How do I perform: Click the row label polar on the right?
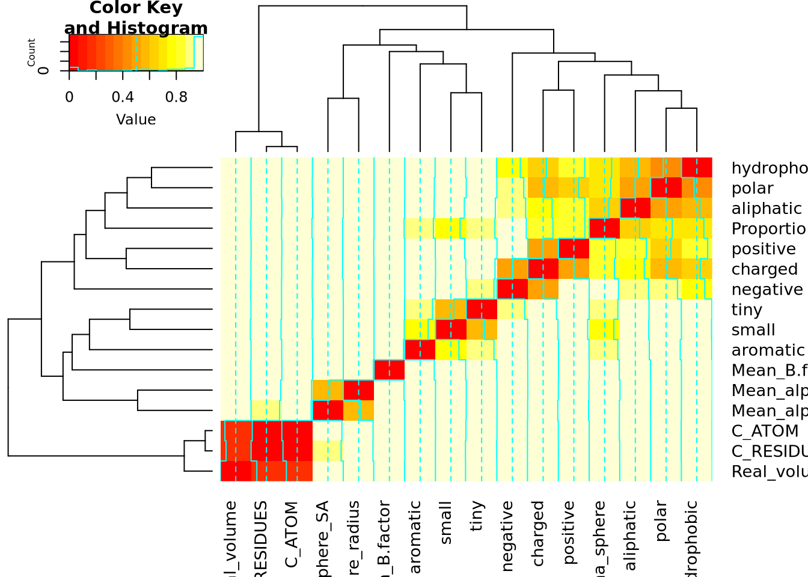coord(752,189)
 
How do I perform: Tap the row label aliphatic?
coord(767,209)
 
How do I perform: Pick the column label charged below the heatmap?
coord(538,534)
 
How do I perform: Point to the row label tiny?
coord(747,310)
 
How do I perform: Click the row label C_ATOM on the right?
coord(765,432)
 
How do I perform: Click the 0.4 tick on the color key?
coord(123,97)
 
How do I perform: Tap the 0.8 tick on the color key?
coord(176,97)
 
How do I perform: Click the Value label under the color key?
coord(136,120)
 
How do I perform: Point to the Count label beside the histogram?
coord(31,52)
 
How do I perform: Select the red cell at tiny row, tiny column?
coord(482,310)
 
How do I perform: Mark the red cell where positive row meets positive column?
coord(574,249)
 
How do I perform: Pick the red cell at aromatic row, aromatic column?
coord(420,350)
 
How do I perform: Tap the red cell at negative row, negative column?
coord(512,289)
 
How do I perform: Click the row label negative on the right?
coord(767,290)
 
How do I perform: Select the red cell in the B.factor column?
coord(389,370)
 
